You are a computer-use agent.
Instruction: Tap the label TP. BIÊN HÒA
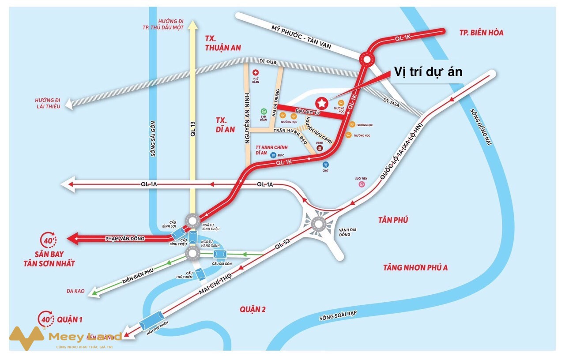[x=481, y=33]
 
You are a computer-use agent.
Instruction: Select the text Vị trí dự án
[x=428, y=72]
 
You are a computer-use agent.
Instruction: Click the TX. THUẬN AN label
[x=223, y=43]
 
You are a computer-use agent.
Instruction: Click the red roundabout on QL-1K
[x=366, y=58]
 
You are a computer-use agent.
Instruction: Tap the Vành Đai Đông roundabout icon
[x=318, y=224]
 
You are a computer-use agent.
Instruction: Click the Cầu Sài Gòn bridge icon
[x=219, y=254]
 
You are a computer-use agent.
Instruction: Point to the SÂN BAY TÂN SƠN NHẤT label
[x=49, y=259]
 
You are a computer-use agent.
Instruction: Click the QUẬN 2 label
[x=252, y=309]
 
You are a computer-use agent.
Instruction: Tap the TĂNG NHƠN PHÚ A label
[x=415, y=267]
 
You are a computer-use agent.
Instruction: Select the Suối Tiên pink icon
[x=361, y=185]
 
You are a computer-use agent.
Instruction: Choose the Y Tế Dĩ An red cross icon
[x=255, y=72]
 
